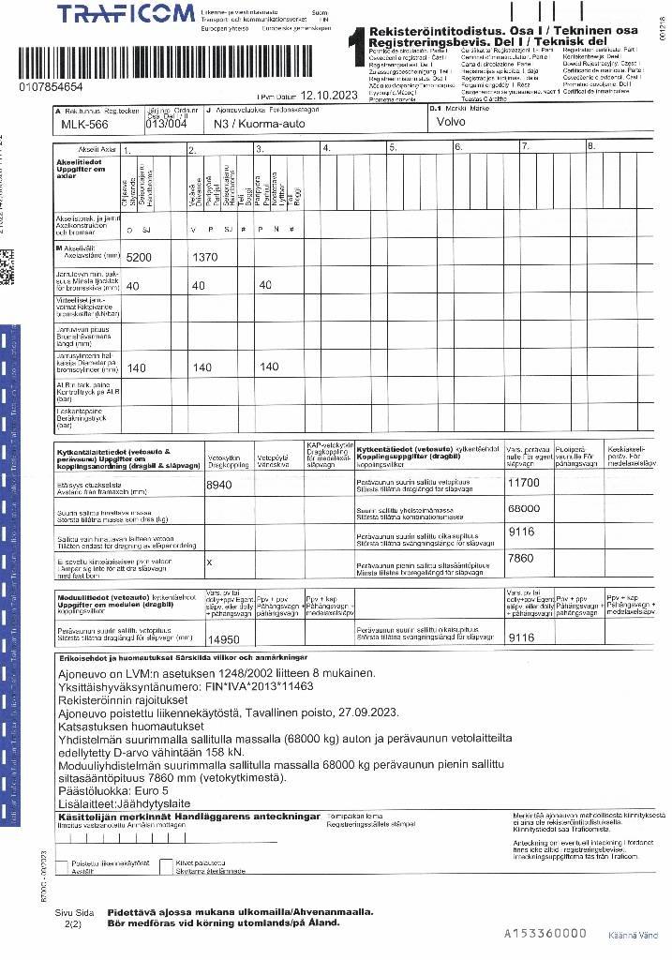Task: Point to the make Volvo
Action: pos(456,121)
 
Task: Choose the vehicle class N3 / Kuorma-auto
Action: pos(254,123)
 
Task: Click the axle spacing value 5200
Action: pos(138,257)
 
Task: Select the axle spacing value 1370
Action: pos(204,257)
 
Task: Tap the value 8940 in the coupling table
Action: pos(219,485)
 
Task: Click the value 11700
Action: pos(523,483)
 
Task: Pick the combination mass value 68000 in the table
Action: pos(523,508)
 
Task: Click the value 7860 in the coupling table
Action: pos(520,558)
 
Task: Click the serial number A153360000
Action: pos(545,934)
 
